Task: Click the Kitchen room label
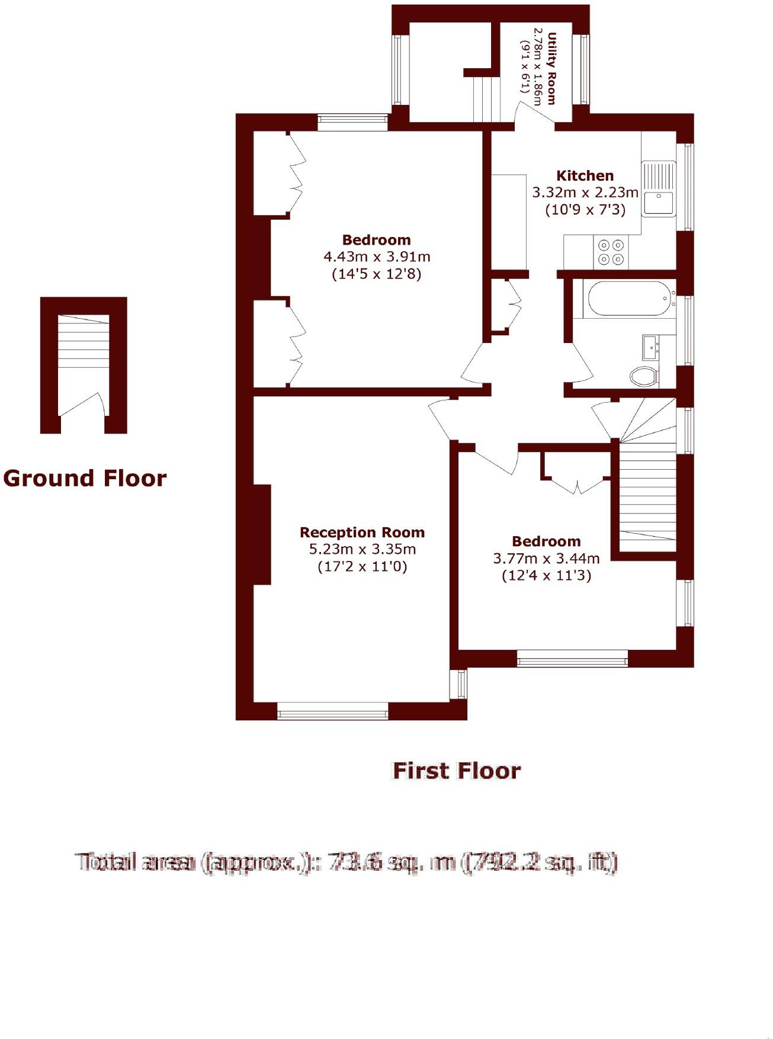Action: (585, 176)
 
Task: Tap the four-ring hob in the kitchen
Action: (611, 252)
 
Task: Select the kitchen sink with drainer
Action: (658, 188)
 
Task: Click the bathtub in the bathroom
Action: (628, 299)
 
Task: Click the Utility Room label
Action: (551, 68)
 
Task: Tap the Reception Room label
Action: (362, 533)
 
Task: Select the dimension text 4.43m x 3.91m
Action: (377, 257)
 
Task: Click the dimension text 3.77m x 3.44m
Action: (546, 559)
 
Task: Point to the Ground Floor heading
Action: (85, 479)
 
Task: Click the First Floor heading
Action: (457, 771)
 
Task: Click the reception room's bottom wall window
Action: (332, 711)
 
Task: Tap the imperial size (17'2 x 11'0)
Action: (363, 567)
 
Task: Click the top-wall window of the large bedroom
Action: (352, 123)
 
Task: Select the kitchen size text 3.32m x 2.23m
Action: (585, 193)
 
